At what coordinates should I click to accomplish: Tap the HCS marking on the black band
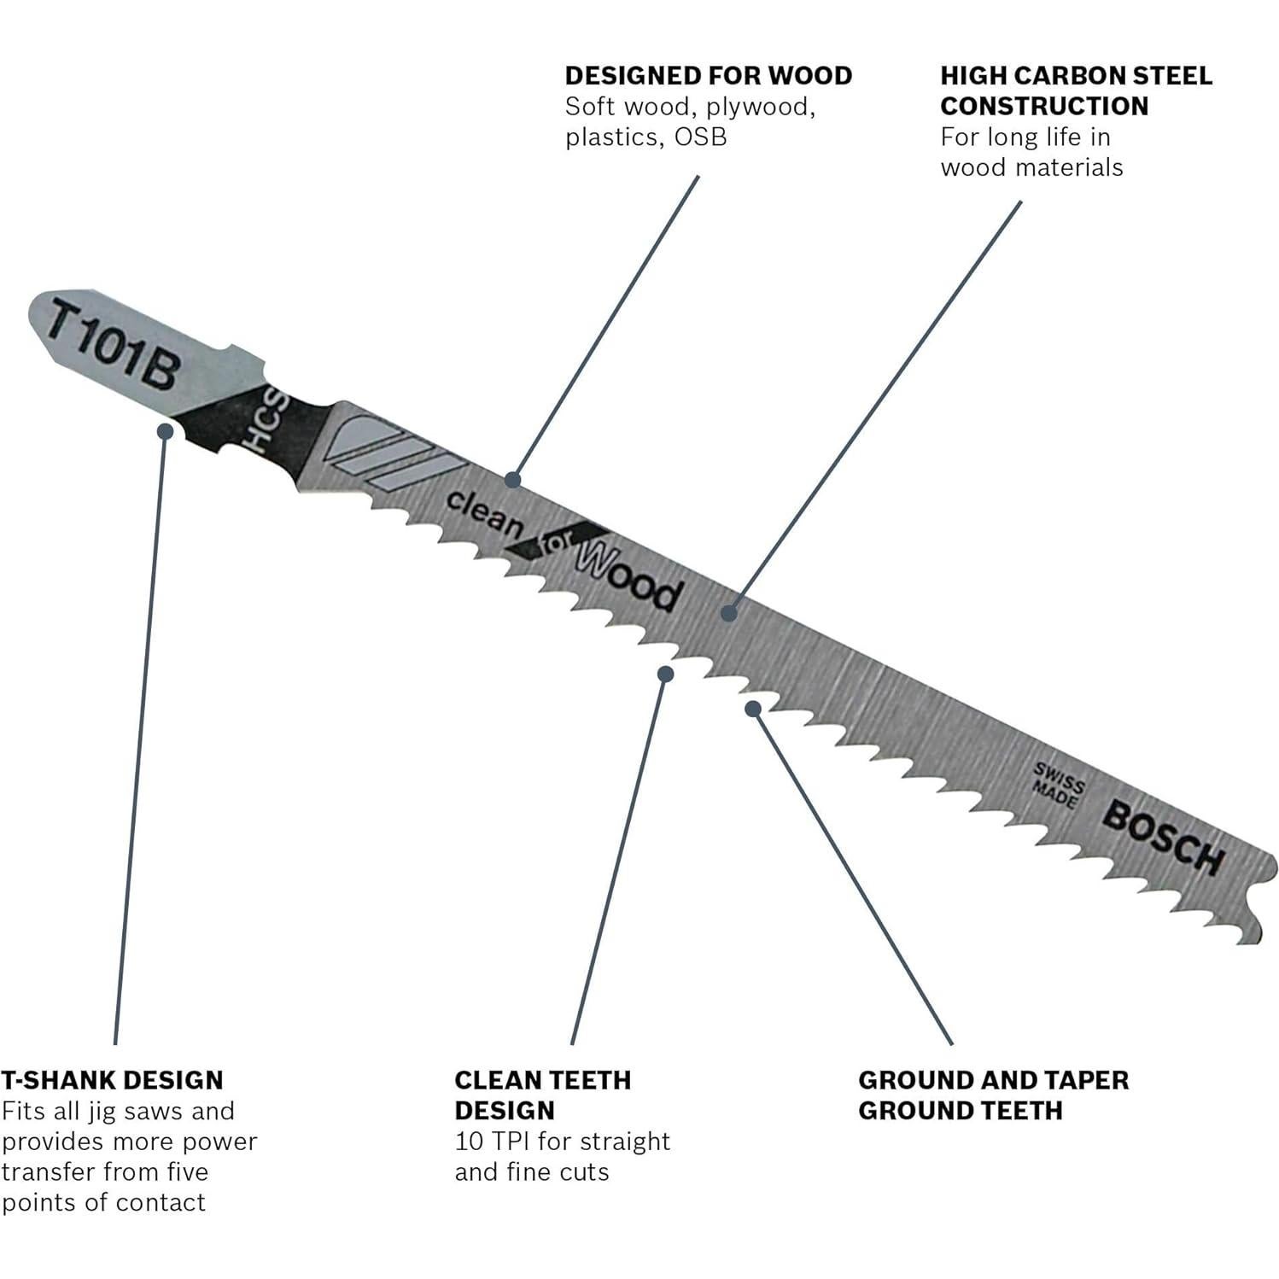[261, 423]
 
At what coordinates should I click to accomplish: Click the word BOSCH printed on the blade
[1162, 838]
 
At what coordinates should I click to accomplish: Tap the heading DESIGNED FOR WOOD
[709, 76]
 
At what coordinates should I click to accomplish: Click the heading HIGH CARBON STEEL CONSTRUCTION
[1076, 91]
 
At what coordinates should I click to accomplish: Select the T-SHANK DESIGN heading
[112, 1080]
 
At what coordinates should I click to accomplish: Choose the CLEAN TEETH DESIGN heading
[542, 1095]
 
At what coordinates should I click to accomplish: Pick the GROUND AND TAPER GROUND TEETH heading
[993, 1095]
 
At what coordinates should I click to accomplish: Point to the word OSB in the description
[700, 137]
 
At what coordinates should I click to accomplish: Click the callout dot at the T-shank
[166, 431]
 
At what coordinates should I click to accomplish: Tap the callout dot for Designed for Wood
[512, 479]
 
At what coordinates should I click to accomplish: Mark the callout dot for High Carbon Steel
[728, 613]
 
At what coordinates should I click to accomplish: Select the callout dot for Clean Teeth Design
[666, 674]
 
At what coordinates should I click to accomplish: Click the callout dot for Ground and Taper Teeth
[753, 708]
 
